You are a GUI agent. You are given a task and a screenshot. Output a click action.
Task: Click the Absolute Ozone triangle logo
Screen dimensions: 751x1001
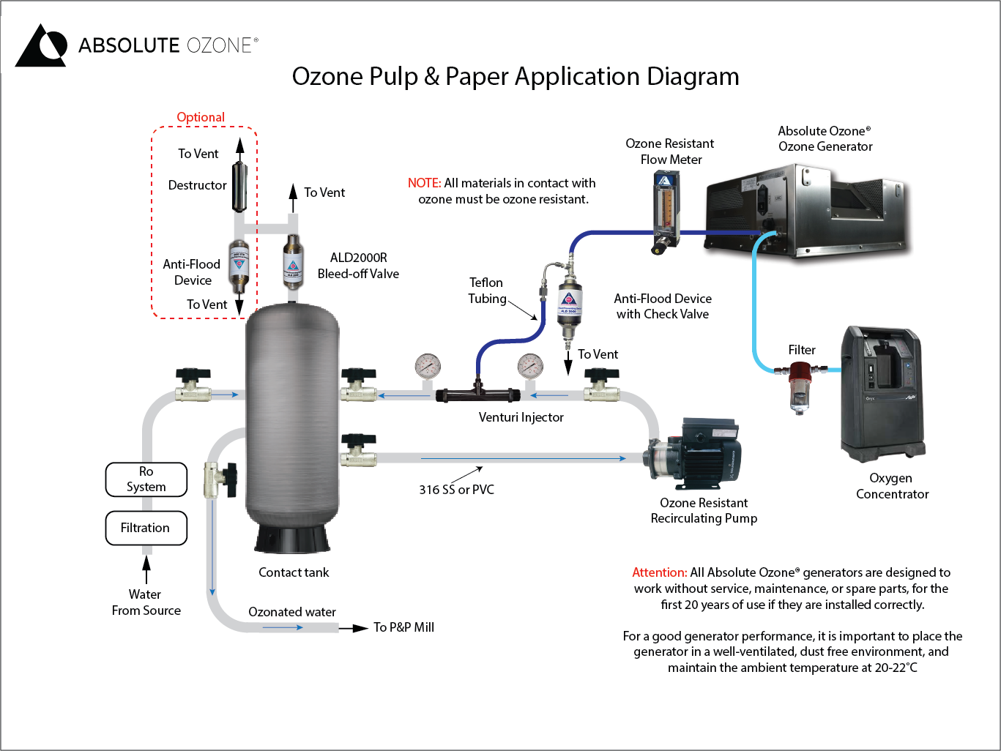(42, 46)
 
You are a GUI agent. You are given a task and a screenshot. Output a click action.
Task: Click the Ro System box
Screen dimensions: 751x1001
(146, 479)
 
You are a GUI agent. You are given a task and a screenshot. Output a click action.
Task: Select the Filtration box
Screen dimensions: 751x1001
(146, 528)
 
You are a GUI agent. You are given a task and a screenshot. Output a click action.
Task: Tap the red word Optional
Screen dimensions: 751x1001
(201, 117)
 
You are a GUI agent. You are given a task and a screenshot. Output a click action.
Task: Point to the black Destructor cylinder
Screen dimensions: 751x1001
(239, 187)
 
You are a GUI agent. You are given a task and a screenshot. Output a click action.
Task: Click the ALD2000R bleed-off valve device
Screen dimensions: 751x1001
(292, 261)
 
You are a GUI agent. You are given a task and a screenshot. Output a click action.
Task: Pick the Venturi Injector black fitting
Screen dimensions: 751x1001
(477, 395)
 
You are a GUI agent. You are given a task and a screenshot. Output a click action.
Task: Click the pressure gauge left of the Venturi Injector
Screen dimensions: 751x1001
(428, 366)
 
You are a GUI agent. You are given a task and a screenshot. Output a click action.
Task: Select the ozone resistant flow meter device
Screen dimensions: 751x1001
(665, 212)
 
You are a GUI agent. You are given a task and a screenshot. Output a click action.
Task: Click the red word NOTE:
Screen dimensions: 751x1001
(424, 183)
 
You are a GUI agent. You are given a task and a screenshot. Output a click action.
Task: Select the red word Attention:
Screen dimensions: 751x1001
(659, 572)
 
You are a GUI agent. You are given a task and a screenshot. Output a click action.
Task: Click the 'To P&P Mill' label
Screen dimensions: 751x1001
(403, 627)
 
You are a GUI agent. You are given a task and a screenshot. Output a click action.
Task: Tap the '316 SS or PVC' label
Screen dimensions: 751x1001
(456, 490)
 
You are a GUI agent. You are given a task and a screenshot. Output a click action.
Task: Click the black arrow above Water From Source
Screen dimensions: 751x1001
(146, 569)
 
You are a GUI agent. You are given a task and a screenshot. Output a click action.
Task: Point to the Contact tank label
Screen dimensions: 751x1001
(294, 572)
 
